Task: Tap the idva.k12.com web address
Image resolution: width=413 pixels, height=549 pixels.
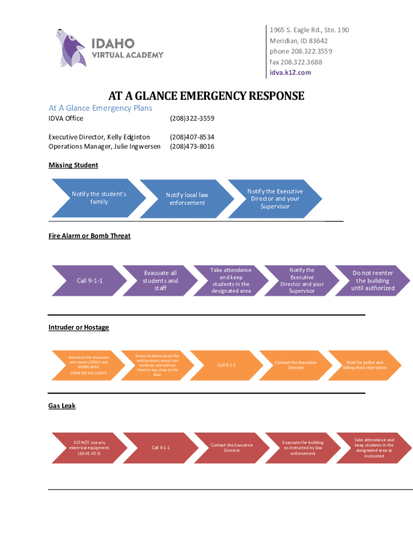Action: pos(290,72)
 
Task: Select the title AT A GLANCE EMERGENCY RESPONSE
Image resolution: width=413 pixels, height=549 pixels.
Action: pos(206,97)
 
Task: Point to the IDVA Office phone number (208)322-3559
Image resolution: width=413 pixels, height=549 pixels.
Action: pos(192,118)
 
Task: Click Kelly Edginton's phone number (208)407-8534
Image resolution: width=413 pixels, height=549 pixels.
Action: pos(192,137)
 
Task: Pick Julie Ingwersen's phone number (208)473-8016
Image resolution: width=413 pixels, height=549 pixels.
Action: pos(192,146)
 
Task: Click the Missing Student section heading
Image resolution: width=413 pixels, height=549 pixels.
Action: pos(73,165)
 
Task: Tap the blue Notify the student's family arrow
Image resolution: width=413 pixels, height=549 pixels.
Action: pos(99,198)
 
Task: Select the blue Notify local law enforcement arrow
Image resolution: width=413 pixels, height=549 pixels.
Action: pos(187,199)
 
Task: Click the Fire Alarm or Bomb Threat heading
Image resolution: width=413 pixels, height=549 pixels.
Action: pos(90,236)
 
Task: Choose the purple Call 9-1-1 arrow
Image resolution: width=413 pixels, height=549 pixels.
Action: pos(89,280)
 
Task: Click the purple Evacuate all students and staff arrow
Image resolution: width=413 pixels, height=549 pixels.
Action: pos(160,280)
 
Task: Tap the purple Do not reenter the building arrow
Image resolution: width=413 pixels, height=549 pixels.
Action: pos(372,280)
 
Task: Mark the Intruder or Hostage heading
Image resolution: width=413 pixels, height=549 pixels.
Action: pos(78,327)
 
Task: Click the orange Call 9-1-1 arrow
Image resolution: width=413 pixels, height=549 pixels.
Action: pos(226,365)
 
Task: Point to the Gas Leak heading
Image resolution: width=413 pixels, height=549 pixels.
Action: pos(62,406)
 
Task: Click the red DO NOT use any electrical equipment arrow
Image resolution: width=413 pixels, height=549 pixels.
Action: pos(89,448)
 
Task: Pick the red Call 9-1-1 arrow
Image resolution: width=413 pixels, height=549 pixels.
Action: pos(160,448)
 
